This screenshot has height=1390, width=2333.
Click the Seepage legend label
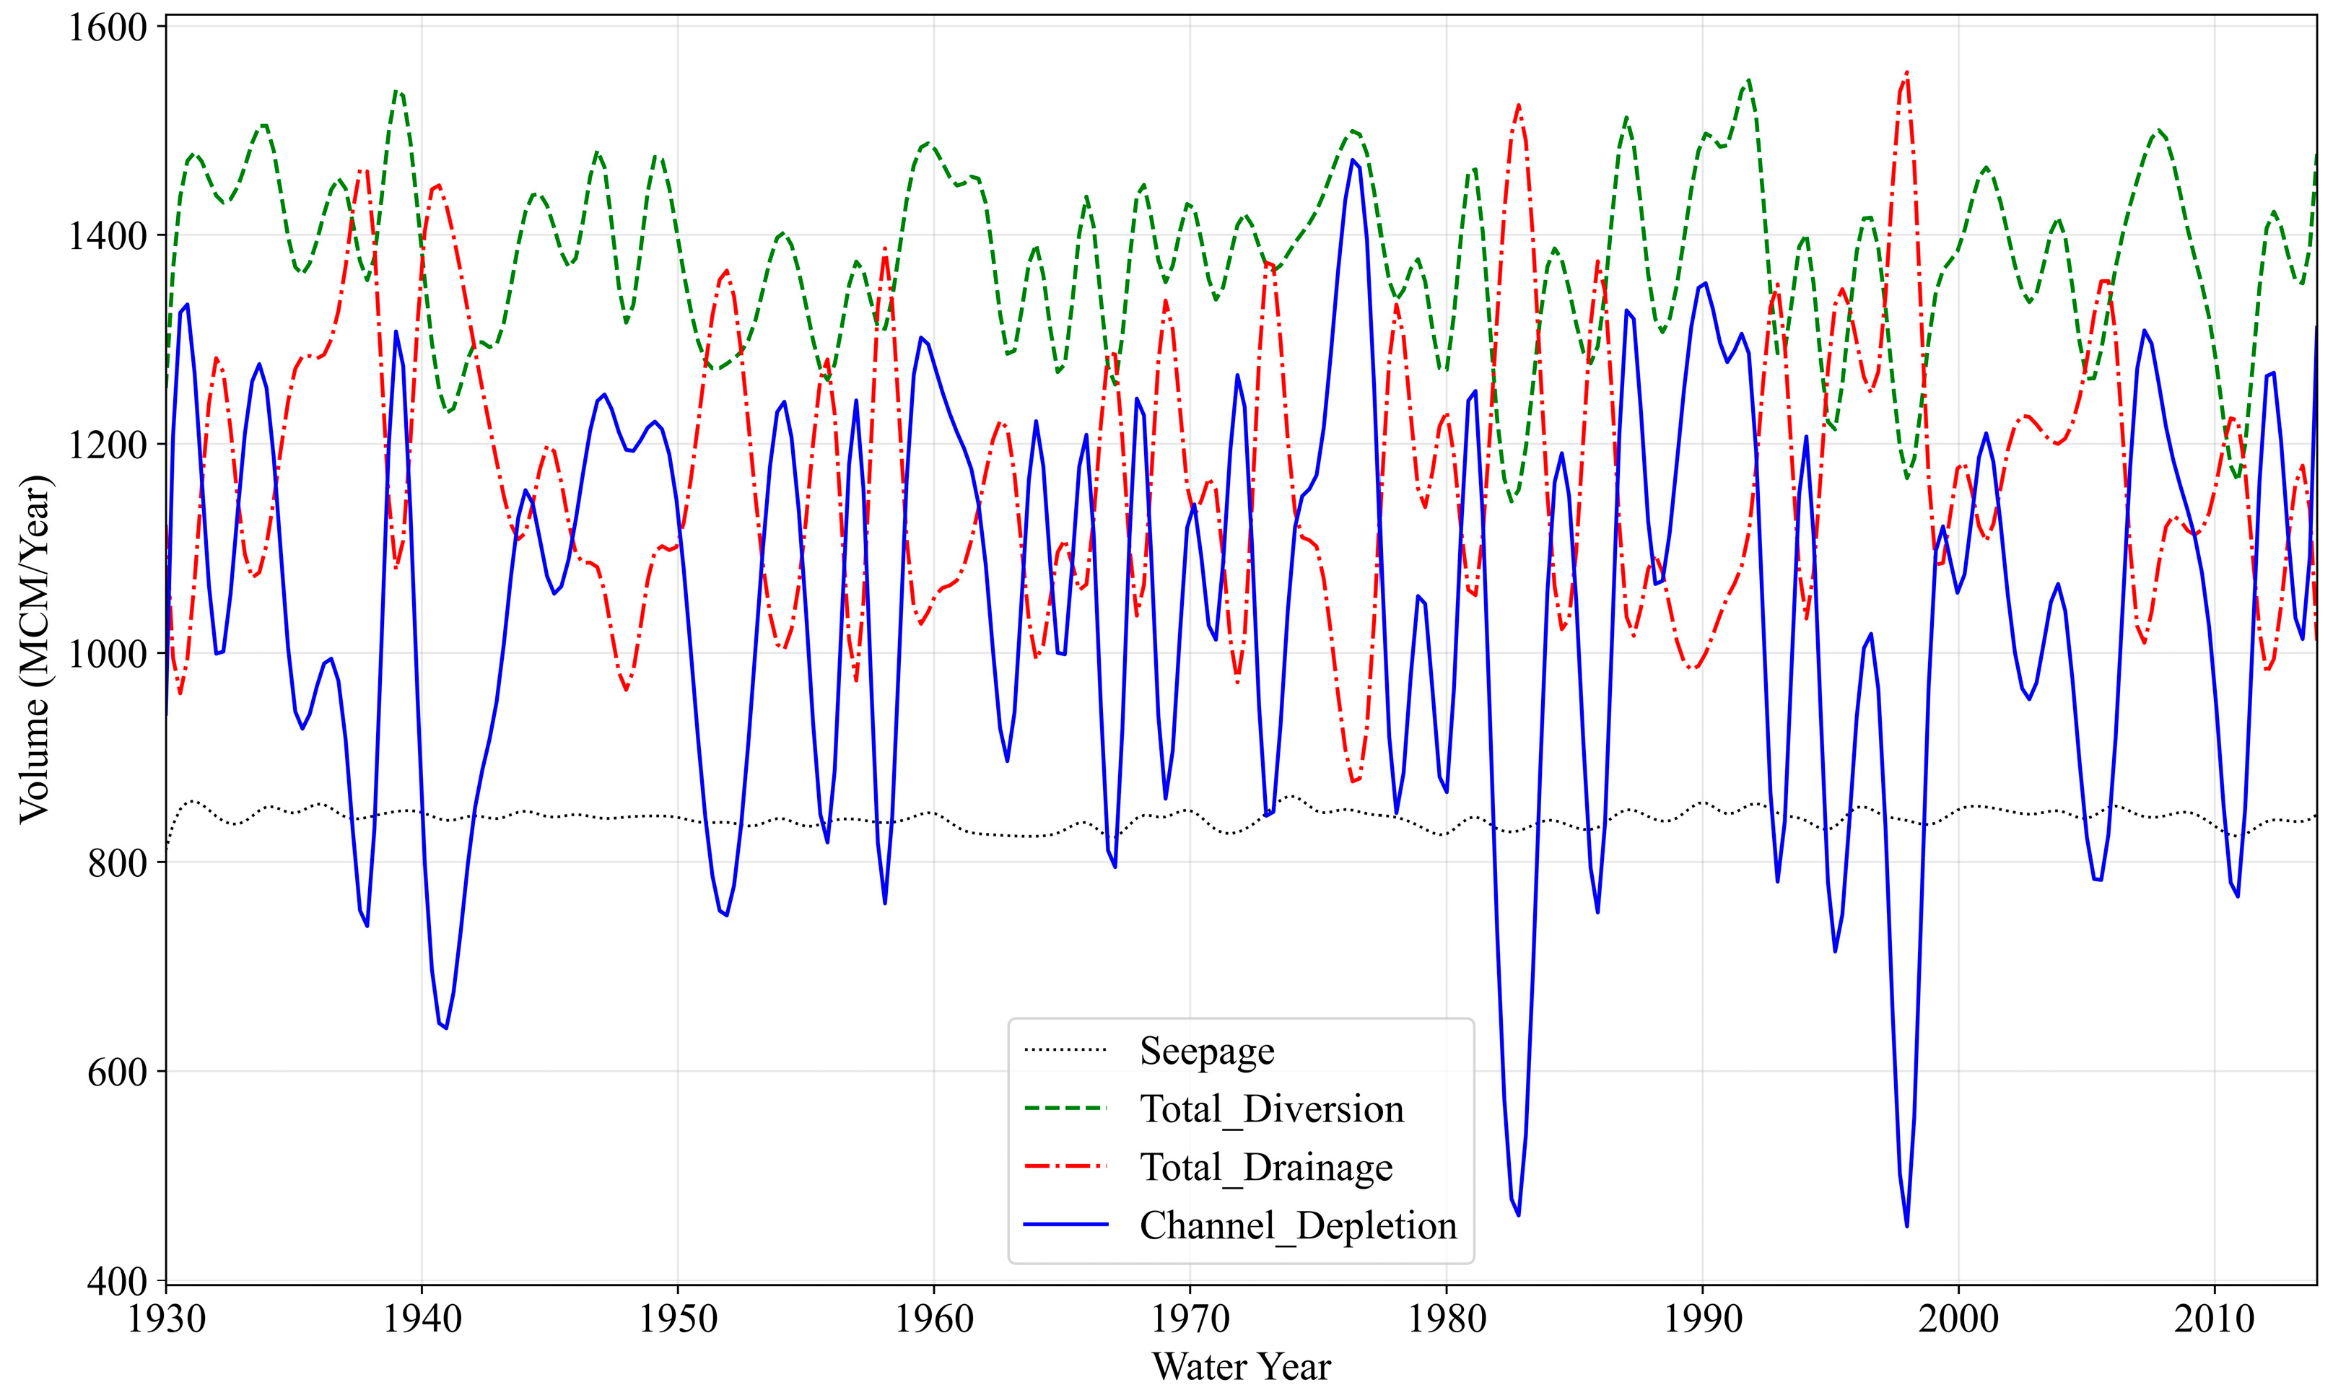click(1206, 1051)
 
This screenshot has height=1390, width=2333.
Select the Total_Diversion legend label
click(1271, 1109)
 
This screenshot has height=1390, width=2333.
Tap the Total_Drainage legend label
click(1265, 1167)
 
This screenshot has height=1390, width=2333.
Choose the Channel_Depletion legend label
click(1297, 1226)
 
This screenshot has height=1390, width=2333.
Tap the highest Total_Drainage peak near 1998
click(1907, 71)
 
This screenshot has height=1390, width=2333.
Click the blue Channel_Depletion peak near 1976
click(1353, 160)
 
